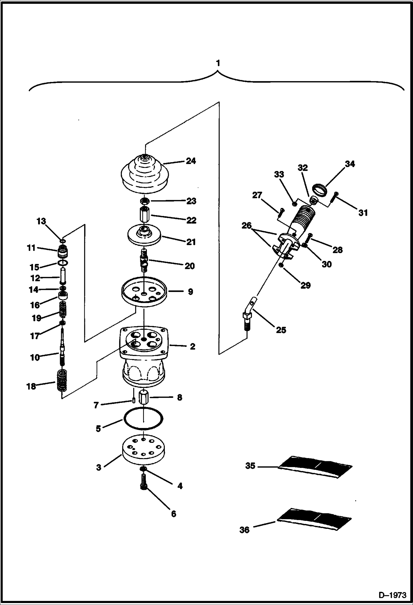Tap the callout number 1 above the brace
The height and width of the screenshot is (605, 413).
pos(218,63)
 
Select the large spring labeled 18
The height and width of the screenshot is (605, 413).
pos(62,381)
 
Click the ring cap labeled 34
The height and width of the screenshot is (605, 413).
pos(320,190)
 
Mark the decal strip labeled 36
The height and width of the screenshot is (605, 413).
pos(314,519)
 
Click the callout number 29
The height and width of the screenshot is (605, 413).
pos(305,285)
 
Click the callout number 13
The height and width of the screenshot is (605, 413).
pos(41,221)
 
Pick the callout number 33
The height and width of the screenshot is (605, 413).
pos(279,174)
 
